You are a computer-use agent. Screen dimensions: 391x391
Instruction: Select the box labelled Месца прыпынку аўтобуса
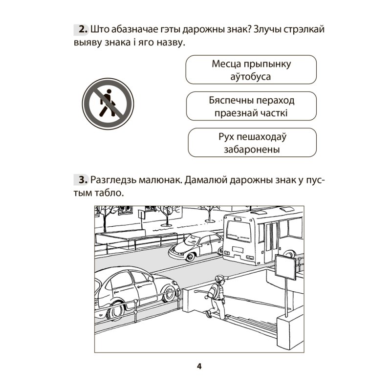coord(251,70)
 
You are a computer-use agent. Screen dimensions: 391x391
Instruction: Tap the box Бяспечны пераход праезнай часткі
coord(251,107)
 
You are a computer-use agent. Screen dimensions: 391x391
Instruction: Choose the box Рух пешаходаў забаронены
coord(252,143)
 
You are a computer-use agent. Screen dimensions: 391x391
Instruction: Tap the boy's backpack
coord(211,294)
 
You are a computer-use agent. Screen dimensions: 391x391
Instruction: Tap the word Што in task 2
coord(101,30)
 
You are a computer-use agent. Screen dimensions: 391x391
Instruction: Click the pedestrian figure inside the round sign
coord(107,104)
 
